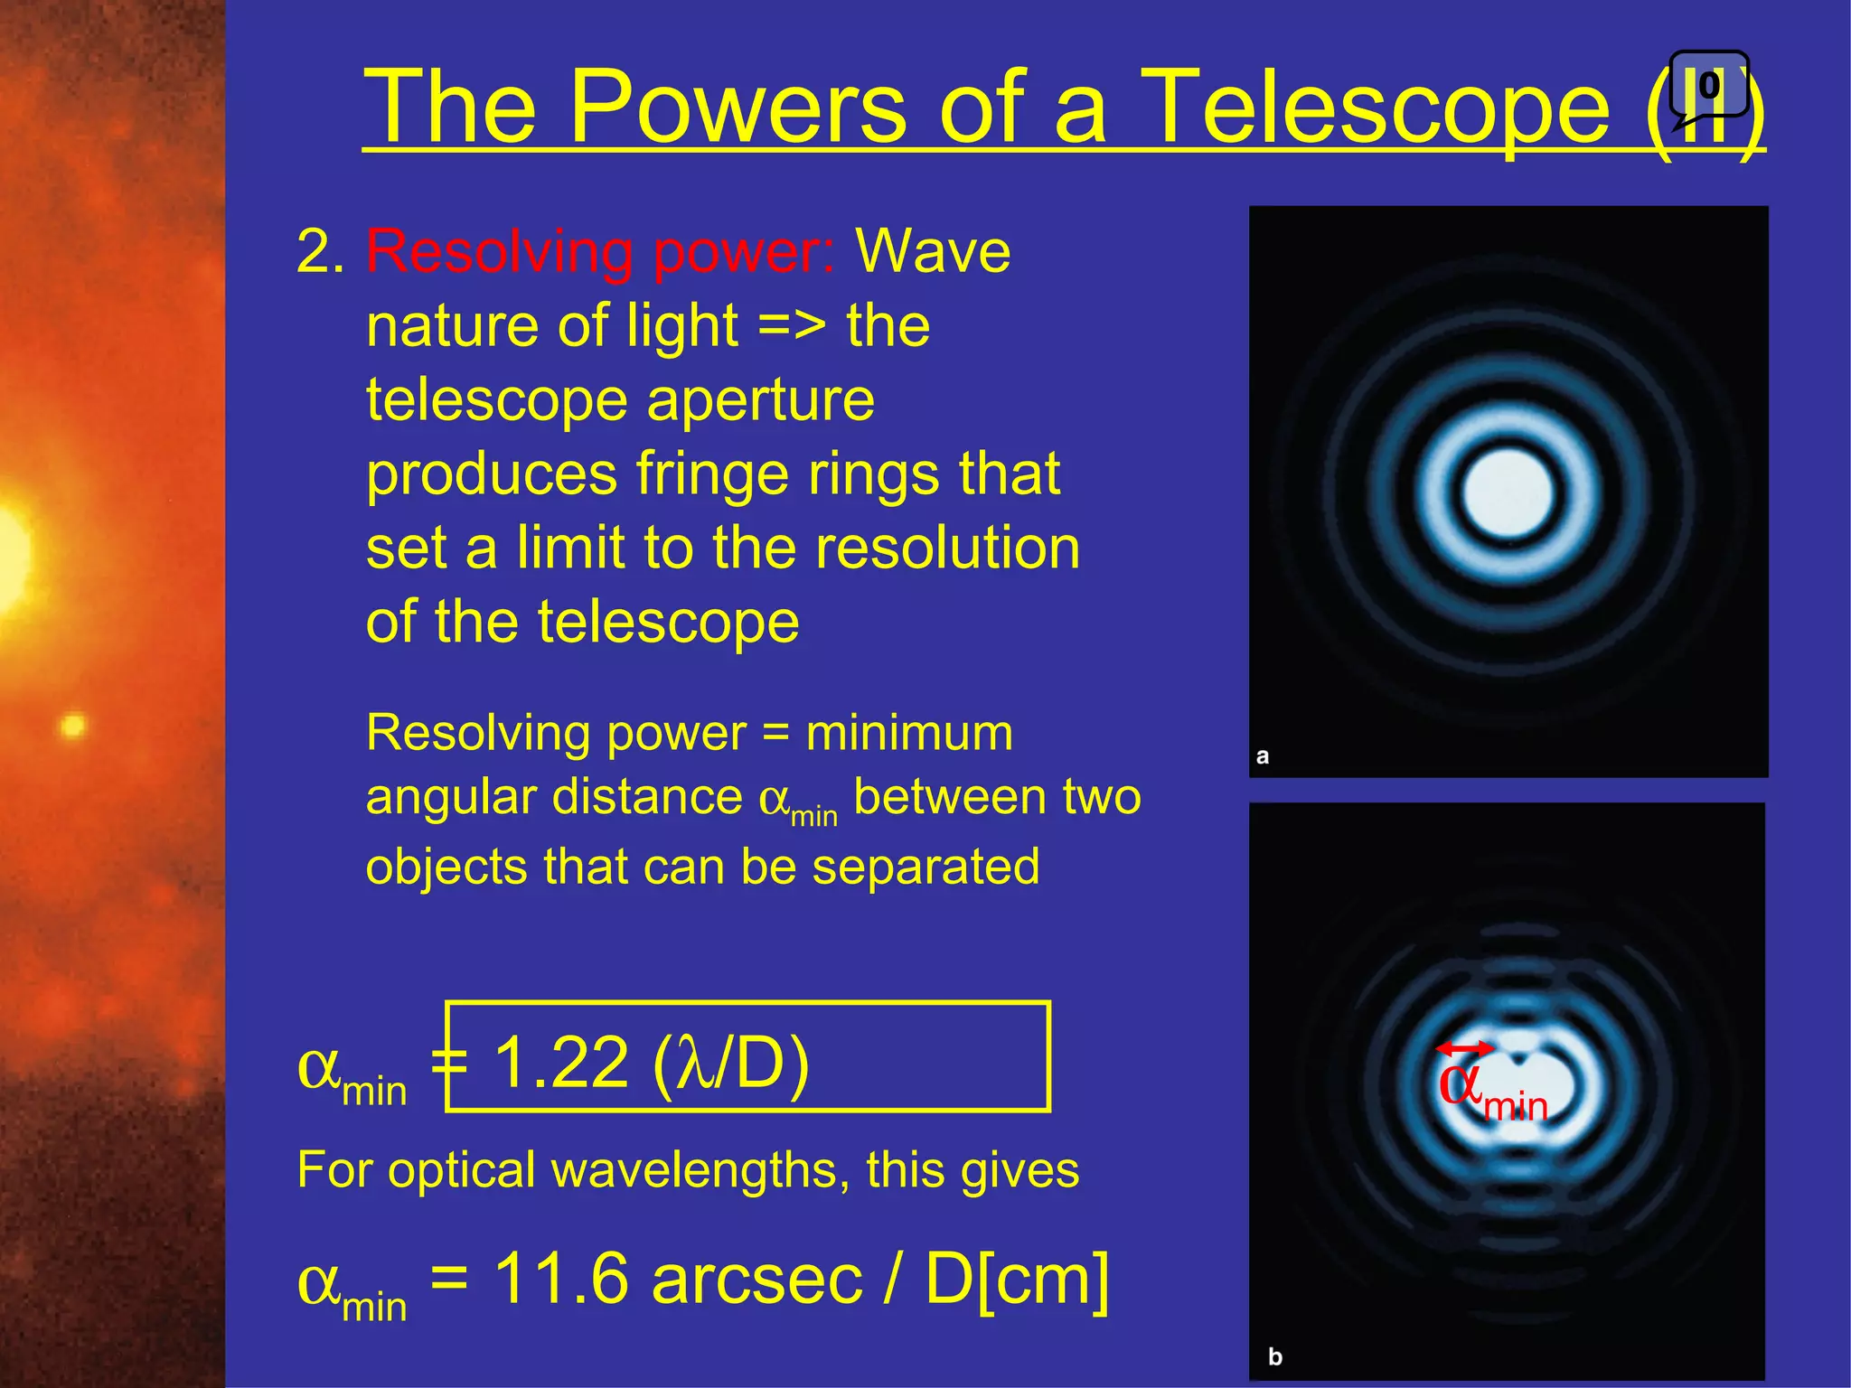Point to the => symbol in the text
coord(792,326)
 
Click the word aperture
coord(761,400)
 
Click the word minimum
coord(909,732)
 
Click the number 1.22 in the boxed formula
coord(561,1062)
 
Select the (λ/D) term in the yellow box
coord(730,1062)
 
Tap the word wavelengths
coord(700,1170)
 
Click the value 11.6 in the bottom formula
coord(561,1279)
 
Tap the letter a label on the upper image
coord(1263,756)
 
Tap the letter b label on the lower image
coord(1275,1356)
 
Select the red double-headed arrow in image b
coord(1465,1048)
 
